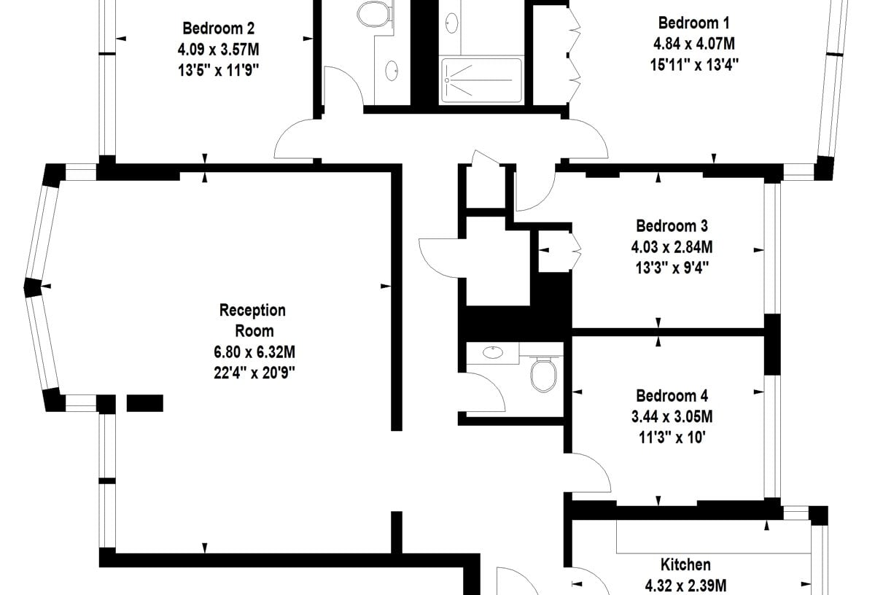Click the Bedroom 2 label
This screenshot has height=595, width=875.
click(x=218, y=28)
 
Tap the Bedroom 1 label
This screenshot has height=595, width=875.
click(x=693, y=23)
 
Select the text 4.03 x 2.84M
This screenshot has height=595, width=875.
click(x=672, y=247)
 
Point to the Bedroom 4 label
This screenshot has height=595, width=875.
click(x=672, y=396)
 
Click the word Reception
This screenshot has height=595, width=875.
click(x=252, y=311)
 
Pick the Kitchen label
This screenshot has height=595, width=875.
click(x=685, y=564)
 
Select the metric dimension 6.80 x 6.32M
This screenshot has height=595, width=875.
click(x=254, y=352)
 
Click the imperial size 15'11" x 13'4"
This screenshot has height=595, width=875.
click(x=694, y=64)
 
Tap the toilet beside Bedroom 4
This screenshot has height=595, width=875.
click(x=543, y=374)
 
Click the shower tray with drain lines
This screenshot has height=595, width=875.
click(x=481, y=80)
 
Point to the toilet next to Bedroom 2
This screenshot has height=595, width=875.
click(x=373, y=14)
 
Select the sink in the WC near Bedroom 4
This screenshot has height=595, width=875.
click(x=493, y=352)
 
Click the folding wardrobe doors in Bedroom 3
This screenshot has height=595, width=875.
click(x=576, y=250)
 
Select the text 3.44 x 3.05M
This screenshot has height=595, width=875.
click(x=672, y=417)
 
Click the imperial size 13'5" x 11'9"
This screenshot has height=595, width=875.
click(x=218, y=71)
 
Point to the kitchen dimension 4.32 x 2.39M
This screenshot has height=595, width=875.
click(x=685, y=586)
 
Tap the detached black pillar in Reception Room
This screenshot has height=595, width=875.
click(x=145, y=403)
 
